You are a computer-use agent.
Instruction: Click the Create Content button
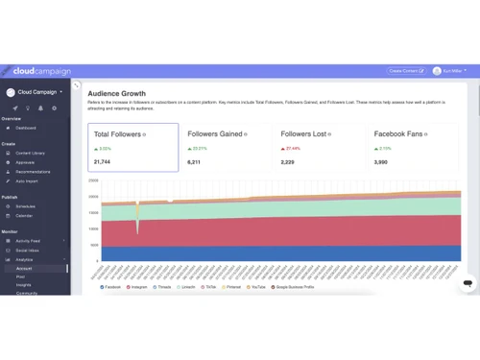click(x=404, y=71)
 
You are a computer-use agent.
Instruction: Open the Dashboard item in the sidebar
click(x=25, y=128)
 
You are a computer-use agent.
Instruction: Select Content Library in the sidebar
click(x=30, y=153)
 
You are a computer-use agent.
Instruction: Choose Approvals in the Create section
click(x=26, y=162)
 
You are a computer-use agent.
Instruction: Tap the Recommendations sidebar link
click(x=33, y=172)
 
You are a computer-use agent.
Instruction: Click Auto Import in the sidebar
click(x=27, y=181)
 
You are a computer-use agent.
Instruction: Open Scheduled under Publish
click(x=26, y=205)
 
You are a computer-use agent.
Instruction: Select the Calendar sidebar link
click(x=24, y=215)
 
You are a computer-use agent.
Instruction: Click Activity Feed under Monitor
click(x=28, y=240)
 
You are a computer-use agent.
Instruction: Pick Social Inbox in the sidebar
click(x=27, y=250)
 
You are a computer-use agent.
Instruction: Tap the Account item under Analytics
click(x=23, y=269)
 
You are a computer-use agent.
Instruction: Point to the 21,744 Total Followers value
click(x=104, y=162)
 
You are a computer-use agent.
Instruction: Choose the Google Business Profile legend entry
click(x=296, y=286)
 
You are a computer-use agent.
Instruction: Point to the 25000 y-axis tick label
click(x=93, y=180)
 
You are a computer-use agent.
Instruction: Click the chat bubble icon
click(x=467, y=284)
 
